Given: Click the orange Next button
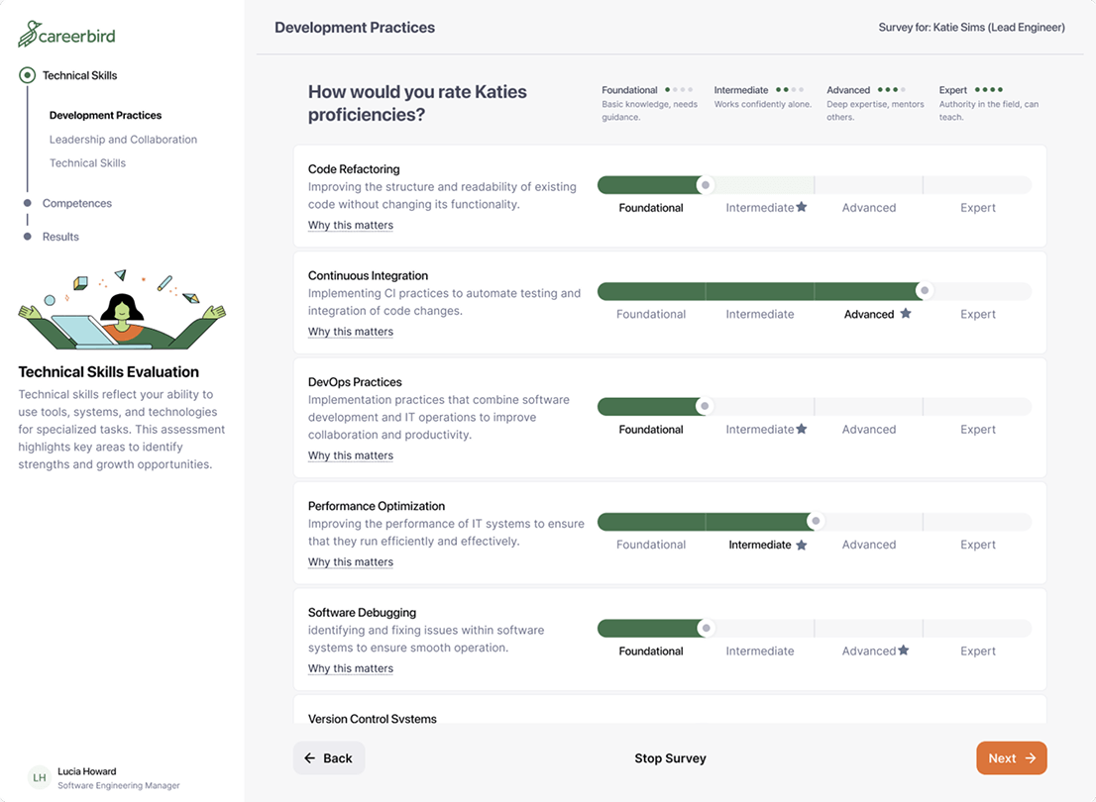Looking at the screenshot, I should (1011, 758).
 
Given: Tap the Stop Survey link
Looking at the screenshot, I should (670, 758).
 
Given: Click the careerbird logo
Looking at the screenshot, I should (67, 35).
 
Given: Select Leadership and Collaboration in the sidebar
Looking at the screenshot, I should (123, 140).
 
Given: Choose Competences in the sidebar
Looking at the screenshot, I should (77, 203).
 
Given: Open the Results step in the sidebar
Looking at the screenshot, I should (60, 237).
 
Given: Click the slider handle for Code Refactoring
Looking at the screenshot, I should (705, 185).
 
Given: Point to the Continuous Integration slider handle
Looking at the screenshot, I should (924, 291).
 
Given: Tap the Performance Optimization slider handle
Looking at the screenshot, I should (816, 521).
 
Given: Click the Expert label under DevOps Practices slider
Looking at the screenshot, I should (977, 430).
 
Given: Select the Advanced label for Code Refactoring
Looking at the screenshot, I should (869, 208).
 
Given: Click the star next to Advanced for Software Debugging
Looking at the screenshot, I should (904, 651).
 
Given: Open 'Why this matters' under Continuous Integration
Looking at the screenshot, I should (351, 332).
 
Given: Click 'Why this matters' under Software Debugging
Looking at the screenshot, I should (351, 668).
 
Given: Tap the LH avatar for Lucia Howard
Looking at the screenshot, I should (40, 778).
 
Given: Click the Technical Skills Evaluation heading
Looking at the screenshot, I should (109, 372).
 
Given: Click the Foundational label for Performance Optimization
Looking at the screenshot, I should (651, 545).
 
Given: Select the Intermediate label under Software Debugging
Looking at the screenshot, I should (760, 652).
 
